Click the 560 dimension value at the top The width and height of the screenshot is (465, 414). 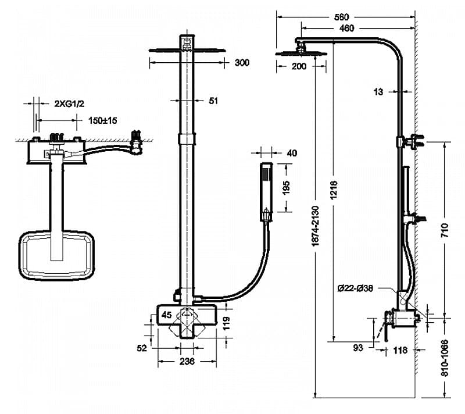tap(341, 17)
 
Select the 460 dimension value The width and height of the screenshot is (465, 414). tap(346, 28)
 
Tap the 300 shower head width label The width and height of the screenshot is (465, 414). tap(242, 63)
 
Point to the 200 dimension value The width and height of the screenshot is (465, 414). tap(299, 66)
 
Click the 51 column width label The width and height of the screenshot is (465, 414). tap(213, 101)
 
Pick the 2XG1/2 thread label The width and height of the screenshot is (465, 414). tap(69, 103)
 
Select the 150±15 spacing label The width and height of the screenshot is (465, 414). tap(103, 120)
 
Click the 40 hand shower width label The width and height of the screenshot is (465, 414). tap(292, 153)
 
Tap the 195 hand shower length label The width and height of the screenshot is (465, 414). tap(286, 188)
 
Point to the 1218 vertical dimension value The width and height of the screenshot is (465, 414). tap(334, 190)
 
